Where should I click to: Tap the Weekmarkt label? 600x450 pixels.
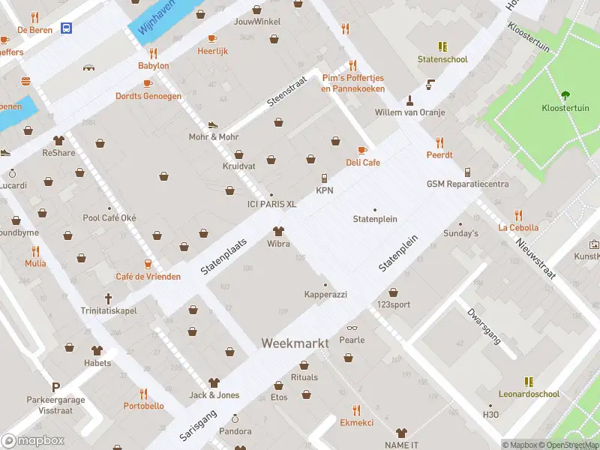click(x=295, y=343)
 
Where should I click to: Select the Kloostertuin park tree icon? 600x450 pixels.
click(x=565, y=95)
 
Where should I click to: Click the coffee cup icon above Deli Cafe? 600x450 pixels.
click(x=363, y=150)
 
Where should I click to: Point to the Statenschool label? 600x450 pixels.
click(x=442, y=59)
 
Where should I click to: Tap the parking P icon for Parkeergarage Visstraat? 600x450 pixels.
click(x=55, y=387)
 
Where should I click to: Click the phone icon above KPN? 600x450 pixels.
click(x=325, y=178)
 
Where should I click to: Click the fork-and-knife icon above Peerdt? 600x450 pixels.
click(x=439, y=142)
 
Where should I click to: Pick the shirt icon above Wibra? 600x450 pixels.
click(x=278, y=231)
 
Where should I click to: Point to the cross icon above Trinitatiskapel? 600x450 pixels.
click(x=108, y=298)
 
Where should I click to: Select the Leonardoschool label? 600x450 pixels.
click(x=529, y=394)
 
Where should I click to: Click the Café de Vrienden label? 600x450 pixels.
click(x=148, y=277)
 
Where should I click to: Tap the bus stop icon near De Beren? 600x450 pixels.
click(x=67, y=28)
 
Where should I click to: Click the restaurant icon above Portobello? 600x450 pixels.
click(x=143, y=393)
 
